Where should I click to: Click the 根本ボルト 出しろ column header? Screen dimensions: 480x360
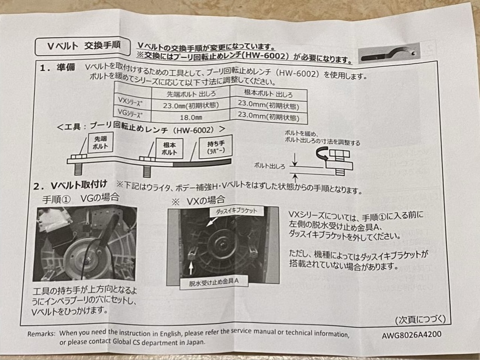click(x=268, y=93)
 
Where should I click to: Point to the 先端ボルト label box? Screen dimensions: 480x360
click(x=100, y=143)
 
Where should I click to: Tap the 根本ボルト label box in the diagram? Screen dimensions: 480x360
click(x=169, y=148)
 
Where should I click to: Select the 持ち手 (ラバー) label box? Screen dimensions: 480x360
click(x=216, y=147)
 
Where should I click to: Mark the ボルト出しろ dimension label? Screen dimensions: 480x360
click(x=270, y=166)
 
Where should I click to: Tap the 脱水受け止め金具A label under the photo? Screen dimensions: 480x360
click(x=214, y=282)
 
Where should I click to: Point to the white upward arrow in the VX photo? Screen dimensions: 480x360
click(x=191, y=267)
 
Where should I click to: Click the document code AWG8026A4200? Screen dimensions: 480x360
click(x=411, y=335)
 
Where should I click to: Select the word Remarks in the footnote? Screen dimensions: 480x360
click(x=41, y=334)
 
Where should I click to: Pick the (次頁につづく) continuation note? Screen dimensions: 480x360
click(x=420, y=319)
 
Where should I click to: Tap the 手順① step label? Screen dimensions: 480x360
click(x=57, y=199)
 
